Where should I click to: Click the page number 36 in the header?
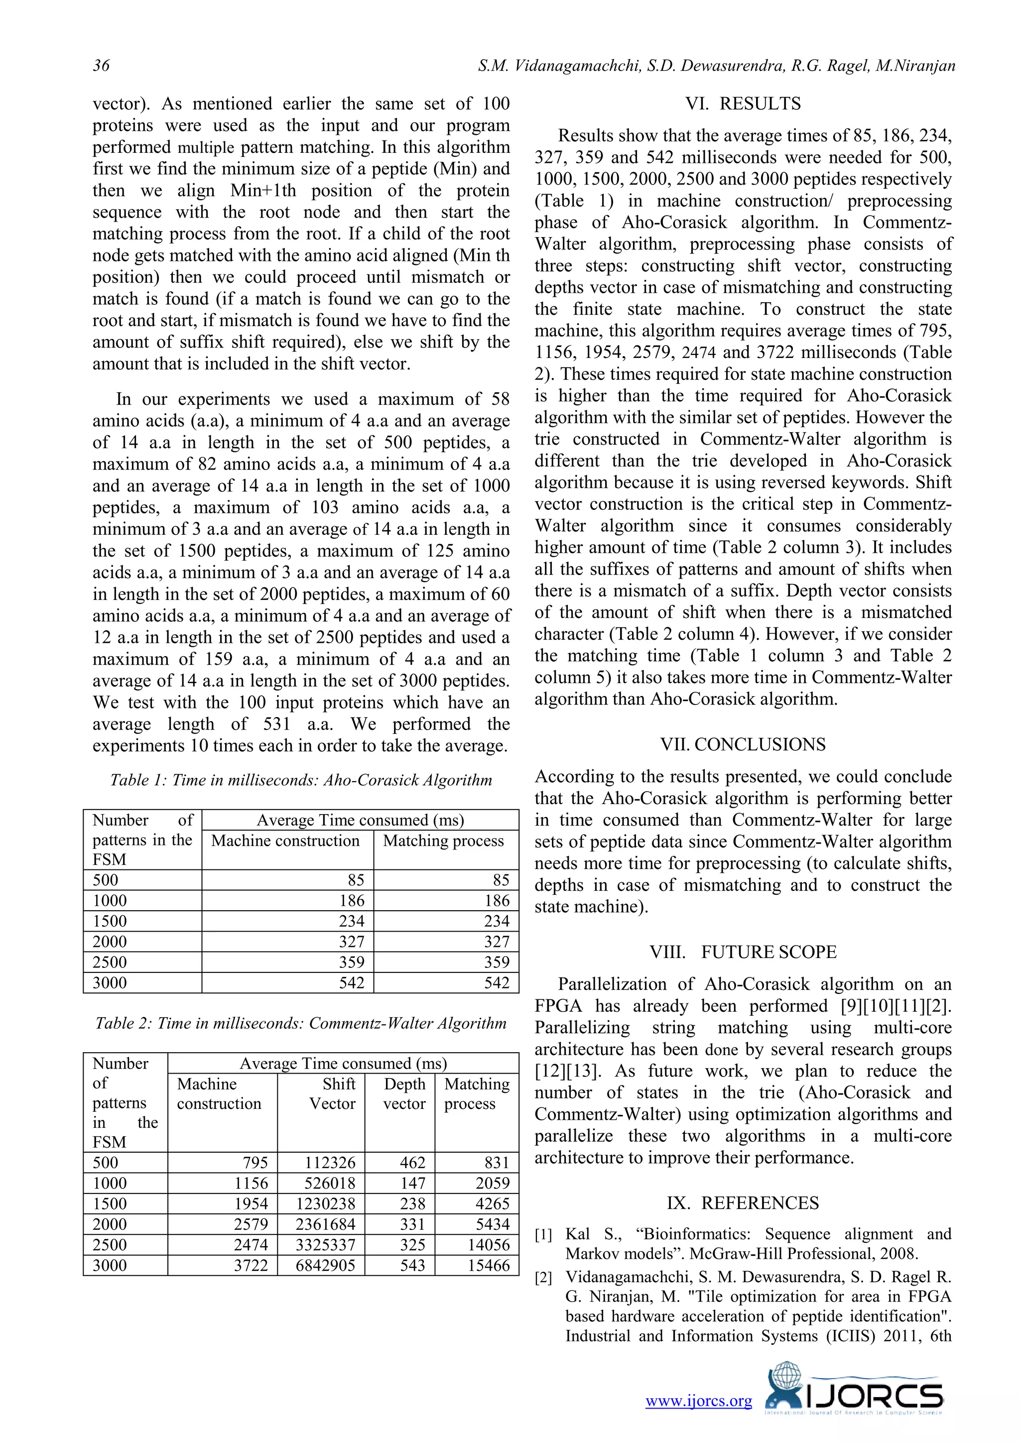click(101, 65)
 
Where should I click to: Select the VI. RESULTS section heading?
click(743, 104)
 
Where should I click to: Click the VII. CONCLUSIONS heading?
click(743, 745)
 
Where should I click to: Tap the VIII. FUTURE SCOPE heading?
click(743, 952)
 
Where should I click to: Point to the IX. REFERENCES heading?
click(743, 1202)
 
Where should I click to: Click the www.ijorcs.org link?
click(698, 1401)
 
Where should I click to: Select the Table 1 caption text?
click(301, 780)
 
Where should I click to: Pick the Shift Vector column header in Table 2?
click(332, 1093)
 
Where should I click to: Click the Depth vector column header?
click(404, 1093)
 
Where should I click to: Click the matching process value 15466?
click(488, 1266)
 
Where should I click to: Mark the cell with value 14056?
click(488, 1245)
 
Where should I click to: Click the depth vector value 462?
click(412, 1163)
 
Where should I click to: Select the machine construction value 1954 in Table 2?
click(251, 1204)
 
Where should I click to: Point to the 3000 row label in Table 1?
click(110, 983)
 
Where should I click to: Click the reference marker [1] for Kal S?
click(543, 1235)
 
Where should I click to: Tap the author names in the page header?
click(716, 65)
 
